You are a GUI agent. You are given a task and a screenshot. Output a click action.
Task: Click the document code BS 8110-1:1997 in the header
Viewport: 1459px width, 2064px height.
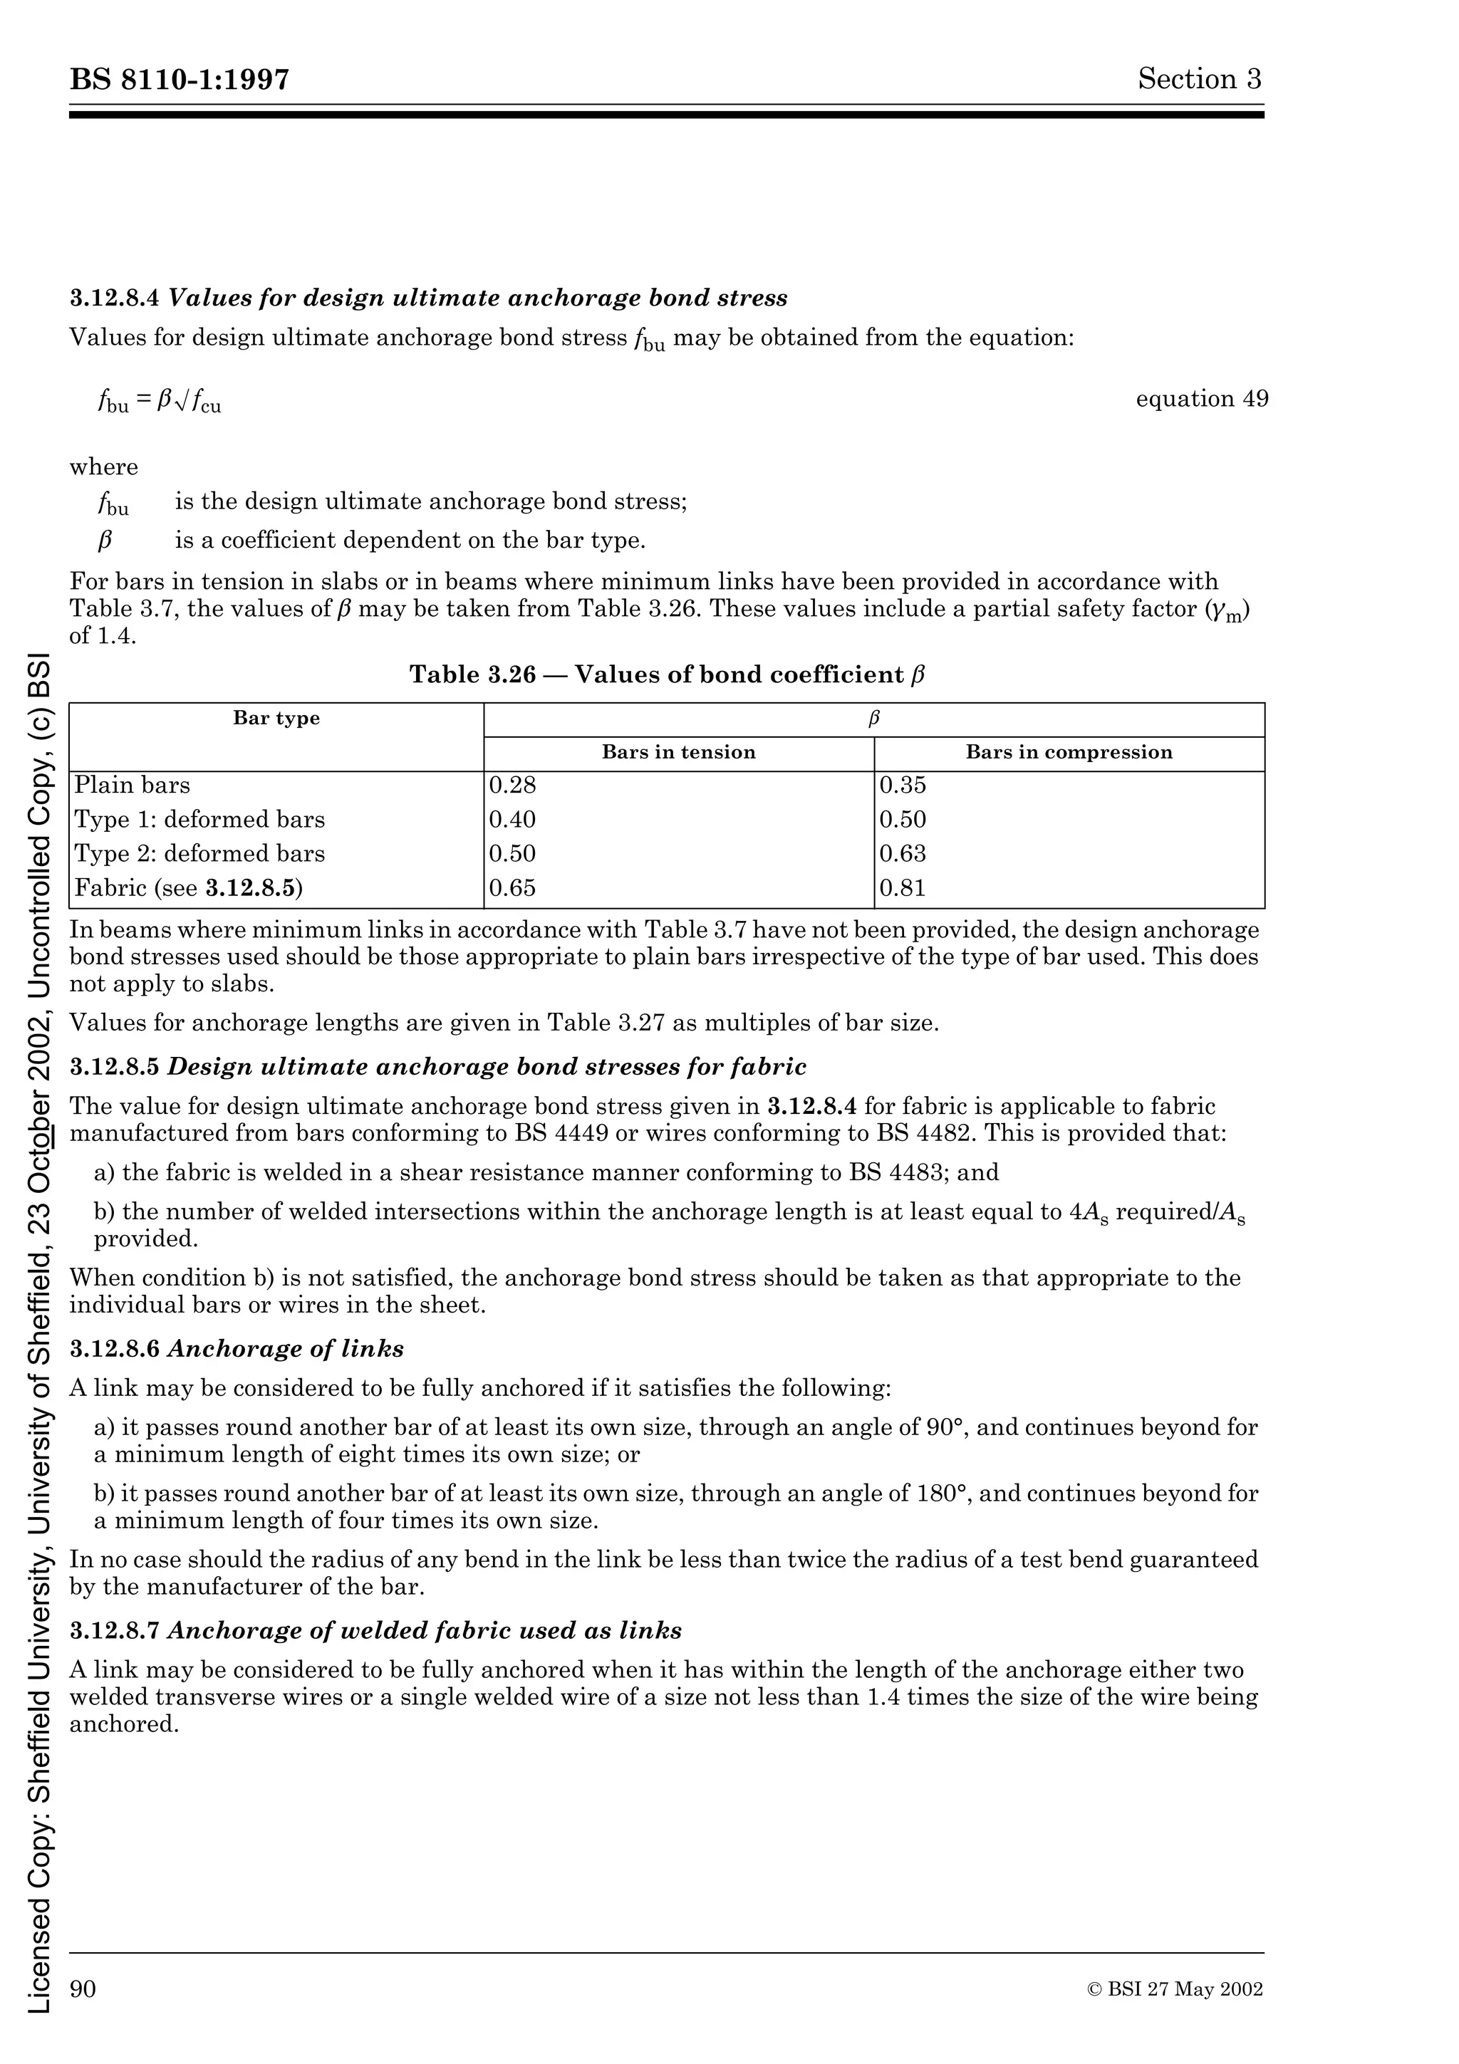(x=180, y=80)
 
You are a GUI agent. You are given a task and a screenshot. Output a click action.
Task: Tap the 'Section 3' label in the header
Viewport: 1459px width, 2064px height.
(x=1199, y=79)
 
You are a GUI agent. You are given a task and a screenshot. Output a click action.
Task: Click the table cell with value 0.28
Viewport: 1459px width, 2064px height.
(x=512, y=785)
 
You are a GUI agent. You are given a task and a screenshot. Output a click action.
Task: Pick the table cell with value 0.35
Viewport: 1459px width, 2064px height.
(x=903, y=785)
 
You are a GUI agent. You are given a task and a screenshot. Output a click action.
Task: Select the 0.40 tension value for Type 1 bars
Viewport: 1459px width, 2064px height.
(x=512, y=819)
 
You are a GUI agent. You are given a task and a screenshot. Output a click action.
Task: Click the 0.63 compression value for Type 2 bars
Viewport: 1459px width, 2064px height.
(x=903, y=853)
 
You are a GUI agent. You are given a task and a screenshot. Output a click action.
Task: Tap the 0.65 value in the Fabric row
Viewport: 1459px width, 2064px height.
(x=512, y=888)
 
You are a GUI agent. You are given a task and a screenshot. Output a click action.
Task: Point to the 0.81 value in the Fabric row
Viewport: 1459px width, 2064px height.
(x=903, y=888)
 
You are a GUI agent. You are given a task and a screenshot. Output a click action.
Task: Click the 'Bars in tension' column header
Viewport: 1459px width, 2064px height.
(x=679, y=752)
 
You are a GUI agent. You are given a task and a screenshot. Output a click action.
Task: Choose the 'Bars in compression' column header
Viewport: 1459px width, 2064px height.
(x=1069, y=752)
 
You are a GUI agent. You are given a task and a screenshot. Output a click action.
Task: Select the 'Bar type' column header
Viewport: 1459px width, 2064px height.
(x=276, y=718)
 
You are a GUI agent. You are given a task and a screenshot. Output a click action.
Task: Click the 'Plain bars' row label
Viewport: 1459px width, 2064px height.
(x=132, y=785)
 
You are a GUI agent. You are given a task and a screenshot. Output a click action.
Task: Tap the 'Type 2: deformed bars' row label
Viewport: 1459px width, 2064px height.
(x=199, y=853)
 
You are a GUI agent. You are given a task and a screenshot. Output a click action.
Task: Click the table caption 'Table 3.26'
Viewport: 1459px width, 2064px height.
(x=473, y=674)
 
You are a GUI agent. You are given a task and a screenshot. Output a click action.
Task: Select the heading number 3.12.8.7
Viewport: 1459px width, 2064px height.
(x=115, y=1631)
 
